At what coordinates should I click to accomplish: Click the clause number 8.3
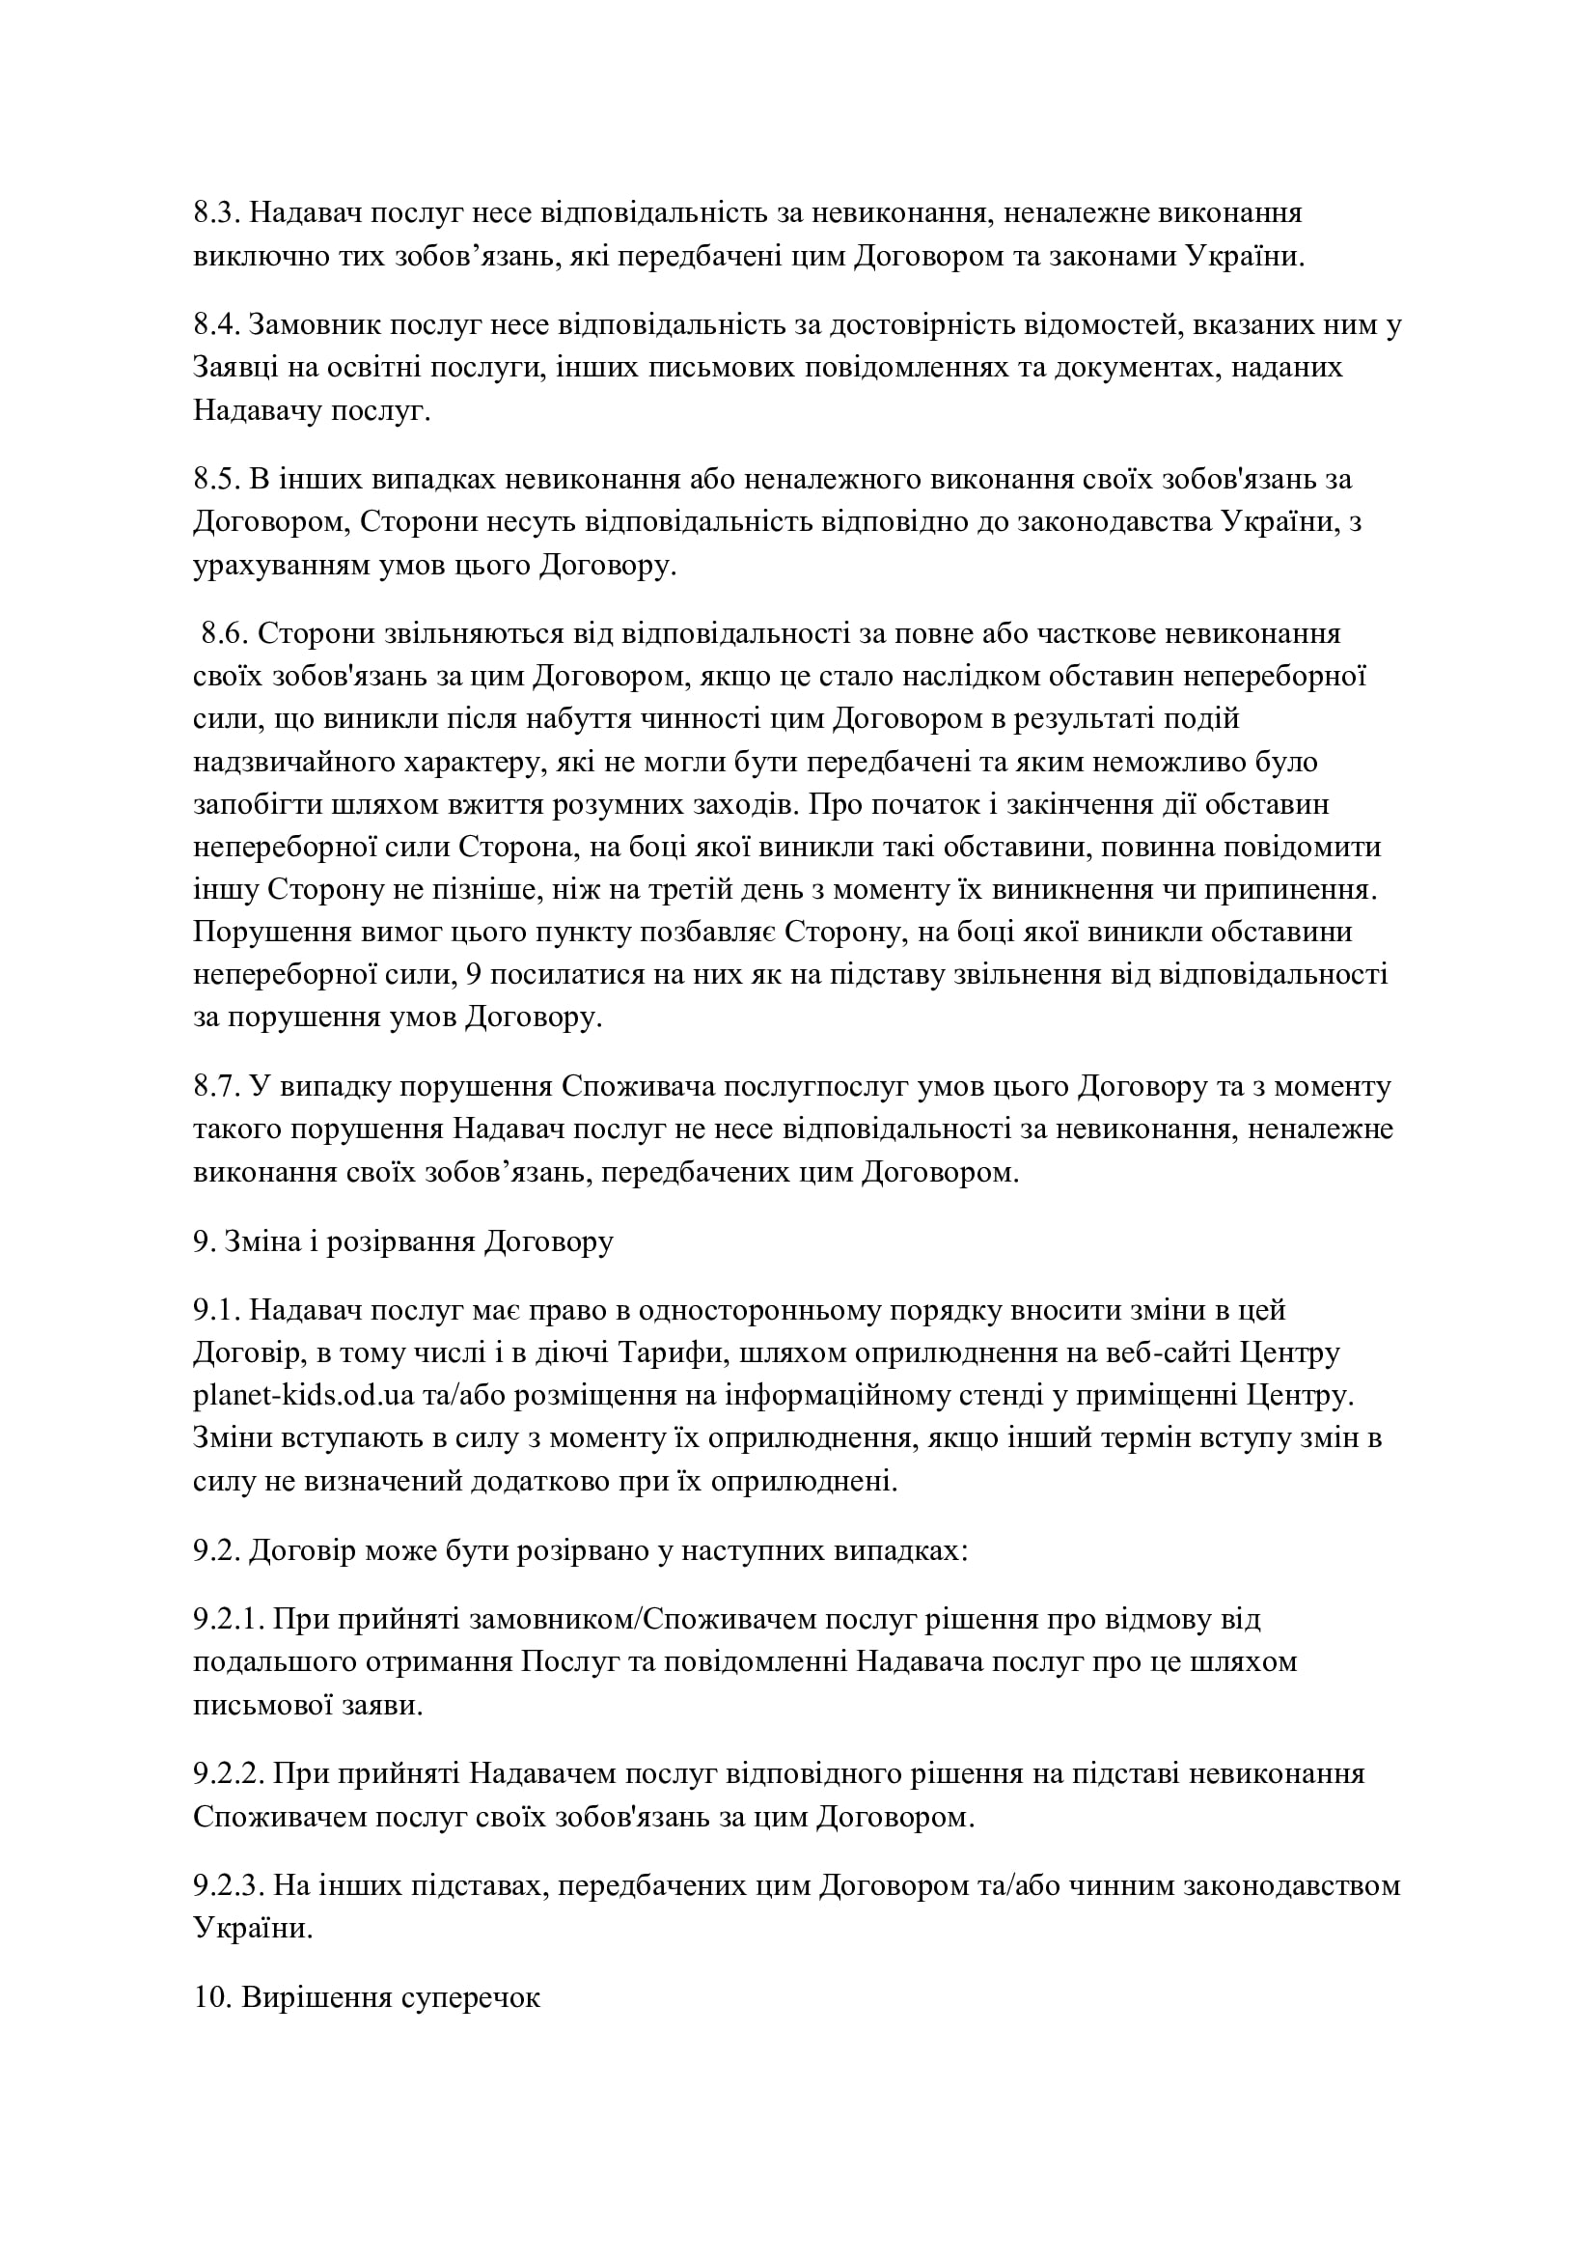tap(216, 213)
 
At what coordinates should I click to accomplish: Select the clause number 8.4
tap(216, 325)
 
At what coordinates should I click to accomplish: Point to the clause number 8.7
tap(216, 1086)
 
